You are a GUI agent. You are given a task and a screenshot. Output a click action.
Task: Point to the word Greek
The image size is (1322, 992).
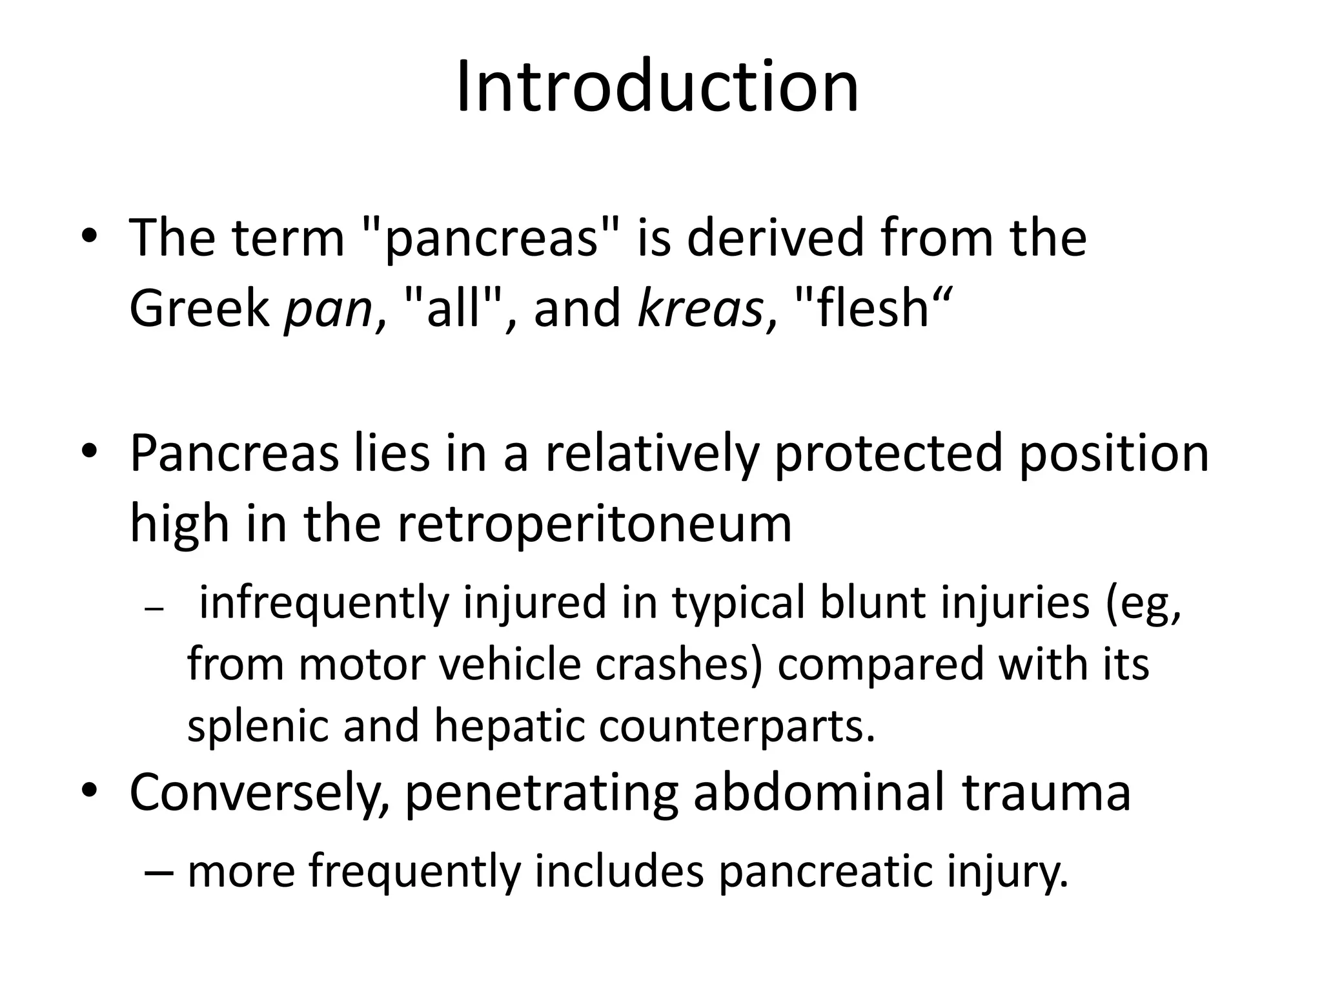pyautogui.click(x=199, y=309)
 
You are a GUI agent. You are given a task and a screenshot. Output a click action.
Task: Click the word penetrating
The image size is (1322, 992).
pyautogui.click(x=541, y=794)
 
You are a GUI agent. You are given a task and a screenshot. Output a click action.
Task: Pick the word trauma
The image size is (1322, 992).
pyautogui.click(x=1046, y=794)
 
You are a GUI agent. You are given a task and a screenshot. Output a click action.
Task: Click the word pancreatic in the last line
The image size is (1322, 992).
pyautogui.click(x=825, y=872)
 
